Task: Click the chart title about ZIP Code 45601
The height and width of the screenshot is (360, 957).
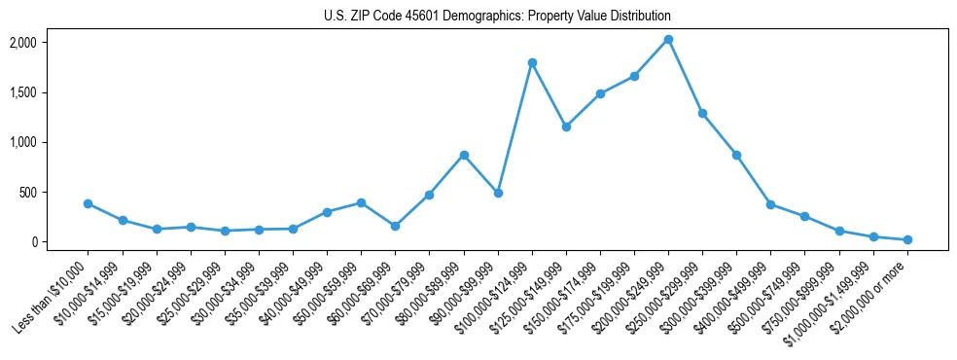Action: pyautogui.click(x=497, y=17)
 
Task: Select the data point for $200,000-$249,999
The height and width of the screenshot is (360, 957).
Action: pyautogui.click(x=668, y=40)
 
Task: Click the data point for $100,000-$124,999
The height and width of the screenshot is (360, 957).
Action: pyautogui.click(x=532, y=62)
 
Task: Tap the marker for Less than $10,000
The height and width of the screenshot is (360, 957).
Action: pyautogui.click(x=88, y=203)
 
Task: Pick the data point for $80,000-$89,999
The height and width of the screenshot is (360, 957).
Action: pyautogui.click(x=464, y=155)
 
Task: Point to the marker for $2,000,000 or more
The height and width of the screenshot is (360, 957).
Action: pyautogui.click(x=907, y=239)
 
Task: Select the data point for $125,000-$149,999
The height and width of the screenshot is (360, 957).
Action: pyautogui.click(x=566, y=126)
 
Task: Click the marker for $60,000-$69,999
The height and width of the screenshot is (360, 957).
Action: pyautogui.click(x=395, y=226)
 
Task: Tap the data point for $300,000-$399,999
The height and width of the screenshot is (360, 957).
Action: pyautogui.click(x=736, y=155)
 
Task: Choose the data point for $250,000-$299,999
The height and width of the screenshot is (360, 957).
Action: pyautogui.click(x=702, y=113)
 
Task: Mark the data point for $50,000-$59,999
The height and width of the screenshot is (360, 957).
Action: pyautogui.click(x=361, y=202)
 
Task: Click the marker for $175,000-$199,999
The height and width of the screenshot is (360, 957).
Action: pyautogui.click(x=634, y=76)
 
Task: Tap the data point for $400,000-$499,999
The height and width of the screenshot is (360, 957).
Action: pyautogui.click(x=770, y=204)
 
